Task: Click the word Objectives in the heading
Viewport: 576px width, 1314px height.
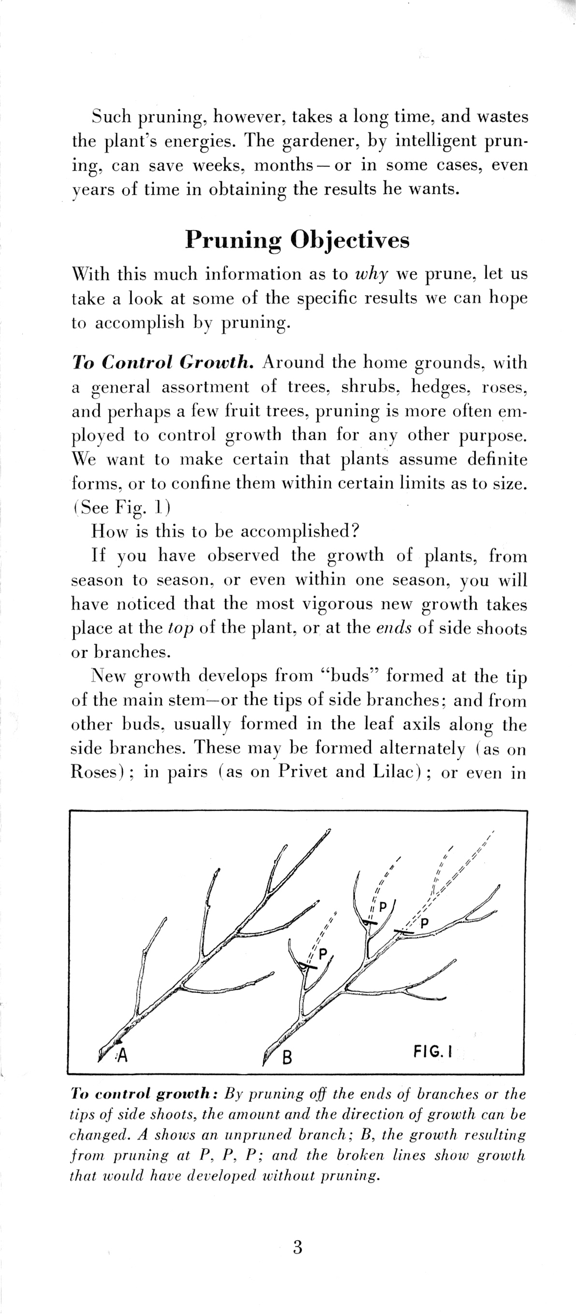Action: (349, 240)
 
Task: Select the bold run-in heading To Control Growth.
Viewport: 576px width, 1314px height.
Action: (163, 362)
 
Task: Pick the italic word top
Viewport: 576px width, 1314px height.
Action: (181, 628)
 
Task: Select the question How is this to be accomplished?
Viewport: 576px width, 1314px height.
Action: (226, 531)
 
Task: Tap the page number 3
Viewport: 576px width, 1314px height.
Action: (298, 1247)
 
